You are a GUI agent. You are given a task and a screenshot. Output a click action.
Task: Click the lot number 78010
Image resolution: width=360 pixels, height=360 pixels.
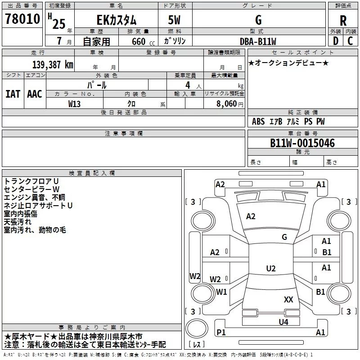[x=22, y=18]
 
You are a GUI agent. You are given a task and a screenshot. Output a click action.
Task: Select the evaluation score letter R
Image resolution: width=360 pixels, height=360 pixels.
[x=343, y=21]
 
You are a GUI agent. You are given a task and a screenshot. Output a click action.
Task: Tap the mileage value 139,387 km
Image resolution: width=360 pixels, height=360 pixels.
[x=53, y=65]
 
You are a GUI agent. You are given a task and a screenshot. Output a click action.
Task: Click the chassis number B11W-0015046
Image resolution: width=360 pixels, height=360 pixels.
[x=302, y=143]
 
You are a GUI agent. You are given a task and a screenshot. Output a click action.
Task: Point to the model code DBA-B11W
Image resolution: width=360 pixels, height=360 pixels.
[x=258, y=41]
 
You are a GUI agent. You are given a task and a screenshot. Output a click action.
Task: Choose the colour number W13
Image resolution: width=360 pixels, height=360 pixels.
[x=74, y=104]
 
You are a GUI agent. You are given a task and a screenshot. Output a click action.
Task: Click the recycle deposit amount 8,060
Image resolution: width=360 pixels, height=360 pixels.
[x=226, y=103]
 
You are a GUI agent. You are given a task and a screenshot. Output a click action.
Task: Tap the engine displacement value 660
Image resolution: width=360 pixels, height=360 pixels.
[x=139, y=41]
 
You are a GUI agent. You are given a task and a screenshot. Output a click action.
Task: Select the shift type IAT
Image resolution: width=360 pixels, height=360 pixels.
[x=13, y=94]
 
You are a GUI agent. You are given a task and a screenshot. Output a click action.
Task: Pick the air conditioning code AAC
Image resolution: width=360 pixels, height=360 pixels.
[x=35, y=94]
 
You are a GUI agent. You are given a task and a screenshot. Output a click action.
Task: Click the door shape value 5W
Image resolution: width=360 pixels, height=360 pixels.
[x=174, y=20]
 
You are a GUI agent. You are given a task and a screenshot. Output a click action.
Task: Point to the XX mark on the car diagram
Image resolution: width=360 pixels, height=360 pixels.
[x=288, y=299]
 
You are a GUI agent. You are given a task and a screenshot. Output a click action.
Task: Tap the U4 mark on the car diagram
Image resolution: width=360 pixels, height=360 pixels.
[x=283, y=322]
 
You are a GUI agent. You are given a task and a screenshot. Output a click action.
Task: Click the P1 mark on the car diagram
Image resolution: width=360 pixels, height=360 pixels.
[x=221, y=332]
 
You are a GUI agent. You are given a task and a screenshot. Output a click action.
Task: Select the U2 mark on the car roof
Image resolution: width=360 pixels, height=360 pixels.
[x=271, y=268]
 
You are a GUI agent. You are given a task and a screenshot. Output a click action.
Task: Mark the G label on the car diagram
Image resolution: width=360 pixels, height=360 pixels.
[x=284, y=237]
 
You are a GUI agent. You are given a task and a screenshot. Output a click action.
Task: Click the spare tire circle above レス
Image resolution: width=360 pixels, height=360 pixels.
[x=197, y=328]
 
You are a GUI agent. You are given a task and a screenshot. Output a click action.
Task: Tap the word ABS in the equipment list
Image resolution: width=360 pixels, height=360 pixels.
[x=258, y=121]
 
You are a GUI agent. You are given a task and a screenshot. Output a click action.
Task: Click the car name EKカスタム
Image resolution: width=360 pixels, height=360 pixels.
[x=117, y=20]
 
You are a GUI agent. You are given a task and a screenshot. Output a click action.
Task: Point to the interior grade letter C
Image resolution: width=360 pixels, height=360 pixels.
[x=350, y=41]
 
